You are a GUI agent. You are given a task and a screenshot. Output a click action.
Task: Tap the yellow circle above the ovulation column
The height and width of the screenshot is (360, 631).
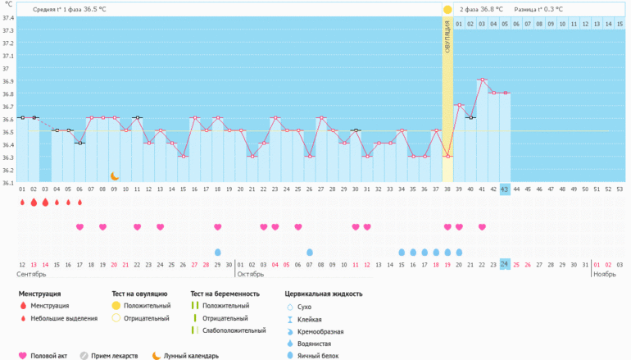[x=447, y=10]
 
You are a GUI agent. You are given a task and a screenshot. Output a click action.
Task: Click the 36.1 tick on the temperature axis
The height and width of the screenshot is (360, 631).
[x=7, y=182]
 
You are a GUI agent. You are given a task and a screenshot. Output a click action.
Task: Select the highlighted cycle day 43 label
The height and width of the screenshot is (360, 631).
[x=505, y=189]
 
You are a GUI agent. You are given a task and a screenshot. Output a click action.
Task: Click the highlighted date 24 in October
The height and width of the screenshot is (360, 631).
[x=505, y=264]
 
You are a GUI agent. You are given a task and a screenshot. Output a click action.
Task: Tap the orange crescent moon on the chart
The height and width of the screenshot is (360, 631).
[x=115, y=175]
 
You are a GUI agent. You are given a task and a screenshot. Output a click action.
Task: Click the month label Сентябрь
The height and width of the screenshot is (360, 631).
[x=31, y=275]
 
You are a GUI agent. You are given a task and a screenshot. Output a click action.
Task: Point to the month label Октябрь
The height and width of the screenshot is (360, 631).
[x=251, y=275]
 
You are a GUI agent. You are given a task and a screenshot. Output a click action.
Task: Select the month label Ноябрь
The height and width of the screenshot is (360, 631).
[x=605, y=275]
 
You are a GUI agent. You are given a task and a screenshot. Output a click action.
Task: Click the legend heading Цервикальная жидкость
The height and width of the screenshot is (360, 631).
[x=323, y=293]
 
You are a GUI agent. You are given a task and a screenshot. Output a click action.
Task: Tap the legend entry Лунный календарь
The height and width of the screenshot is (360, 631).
[x=192, y=356]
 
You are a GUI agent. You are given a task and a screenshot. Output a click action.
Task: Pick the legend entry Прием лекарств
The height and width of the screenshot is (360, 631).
[x=114, y=356]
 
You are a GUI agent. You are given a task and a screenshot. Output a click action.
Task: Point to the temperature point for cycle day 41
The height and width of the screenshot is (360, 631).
[x=482, y=80]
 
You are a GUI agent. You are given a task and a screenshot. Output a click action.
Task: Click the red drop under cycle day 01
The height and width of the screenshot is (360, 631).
[x=22, y=202]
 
